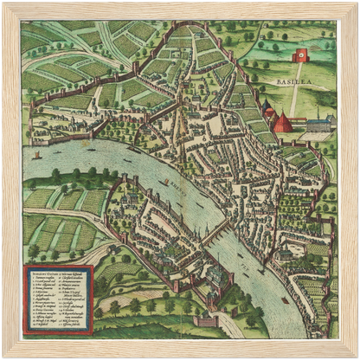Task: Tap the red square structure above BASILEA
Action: click(x=302, y=55)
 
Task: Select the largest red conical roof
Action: click(x=283, y=123)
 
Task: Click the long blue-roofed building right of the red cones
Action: click(x=317, y=124)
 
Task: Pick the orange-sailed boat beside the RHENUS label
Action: click(x=164, y=182)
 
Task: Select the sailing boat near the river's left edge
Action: click(x=36, y=157)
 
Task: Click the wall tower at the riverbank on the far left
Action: click(x=34, y=105)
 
